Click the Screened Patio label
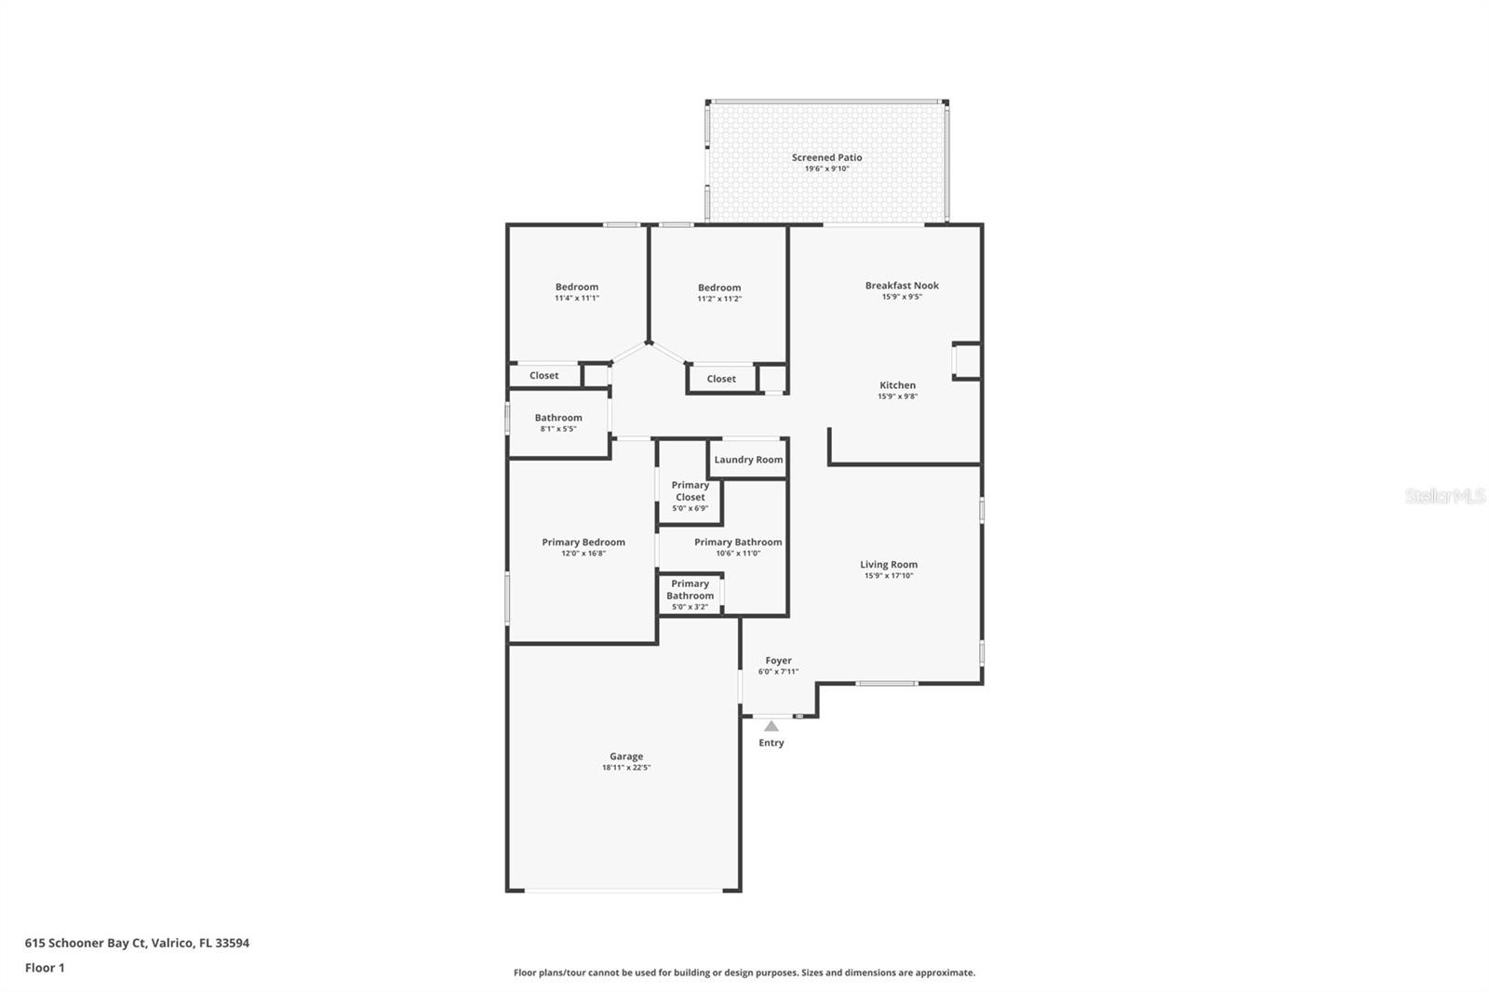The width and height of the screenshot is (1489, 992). [x=826, y=157]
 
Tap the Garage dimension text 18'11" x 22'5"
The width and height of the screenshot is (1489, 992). [x=626, y=768]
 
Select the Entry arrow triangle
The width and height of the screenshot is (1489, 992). [x=771, y=726]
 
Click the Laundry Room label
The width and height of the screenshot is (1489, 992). [x=748, y=460]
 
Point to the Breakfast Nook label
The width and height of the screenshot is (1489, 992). [x=902, y=286]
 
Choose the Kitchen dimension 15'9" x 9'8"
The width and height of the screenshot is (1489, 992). [x=897, y=396]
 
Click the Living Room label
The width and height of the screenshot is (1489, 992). [x=888, y=564]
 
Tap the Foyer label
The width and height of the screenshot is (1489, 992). [x=778, y=661]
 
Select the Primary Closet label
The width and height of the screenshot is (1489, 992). [x=690, y=490]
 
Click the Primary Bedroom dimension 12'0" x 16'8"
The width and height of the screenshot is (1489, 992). [x=584, y=554]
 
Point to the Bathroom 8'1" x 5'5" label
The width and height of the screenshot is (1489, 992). [x=558, y=418]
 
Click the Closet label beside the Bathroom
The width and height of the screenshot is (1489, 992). [x=543, y=376]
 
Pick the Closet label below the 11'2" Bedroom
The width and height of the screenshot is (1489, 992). [x=720, y=379]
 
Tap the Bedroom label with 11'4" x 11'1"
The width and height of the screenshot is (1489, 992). [x=577, y=287]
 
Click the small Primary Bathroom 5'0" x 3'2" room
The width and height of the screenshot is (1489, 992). [x=690, y=595]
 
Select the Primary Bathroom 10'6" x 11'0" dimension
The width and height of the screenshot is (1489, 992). [x=738, y=554]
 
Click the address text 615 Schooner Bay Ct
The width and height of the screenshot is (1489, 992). [x=137, y=943]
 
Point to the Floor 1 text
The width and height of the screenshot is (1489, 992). [x=45, y=968]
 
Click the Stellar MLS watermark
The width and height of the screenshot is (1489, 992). [x=1444, y=496]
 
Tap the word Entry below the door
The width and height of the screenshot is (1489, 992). [x=771, y=743]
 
